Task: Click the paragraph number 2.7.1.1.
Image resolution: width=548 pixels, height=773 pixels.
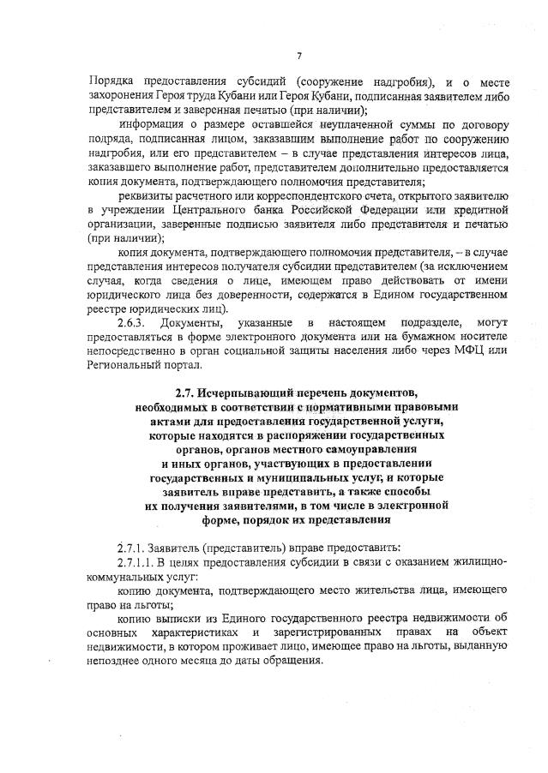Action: (x=141, y=562)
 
